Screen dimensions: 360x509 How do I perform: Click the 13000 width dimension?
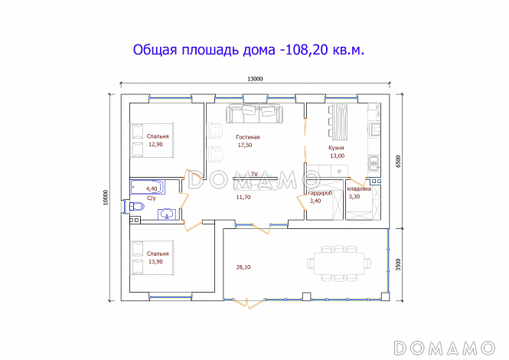(x=255, y=79)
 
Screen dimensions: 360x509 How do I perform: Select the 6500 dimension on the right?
(x=398, y=161)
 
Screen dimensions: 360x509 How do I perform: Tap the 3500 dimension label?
(x=398, y=264)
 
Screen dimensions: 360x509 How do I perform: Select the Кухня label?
(x=337, y=147)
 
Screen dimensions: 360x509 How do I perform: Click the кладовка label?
(x=359, y=188)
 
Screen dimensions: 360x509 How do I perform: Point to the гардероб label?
(x=320, y=194)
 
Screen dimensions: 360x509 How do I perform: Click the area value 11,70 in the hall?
(x=243, y=197)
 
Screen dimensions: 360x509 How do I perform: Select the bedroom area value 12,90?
(x=156, y=143)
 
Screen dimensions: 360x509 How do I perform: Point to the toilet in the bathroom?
(x=136, y=206)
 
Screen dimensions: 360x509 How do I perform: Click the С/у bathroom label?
(x=152, y=199)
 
